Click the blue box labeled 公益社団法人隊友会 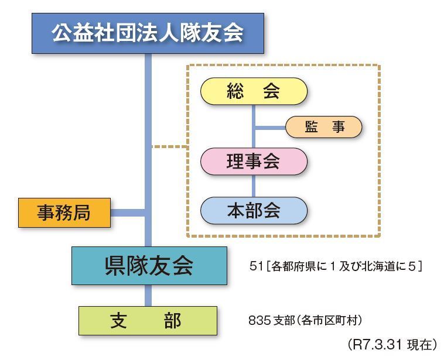(x=148, y=33)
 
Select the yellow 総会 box (x=254, y=91)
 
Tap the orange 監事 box (x=324, y=127)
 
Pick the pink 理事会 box (x=254, y=162)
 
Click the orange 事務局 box (x=64, y=212)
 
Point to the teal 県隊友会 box (x=149, y=266)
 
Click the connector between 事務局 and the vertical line (x=128, y=212)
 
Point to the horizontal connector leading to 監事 (x=270, y=127)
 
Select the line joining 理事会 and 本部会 (x=254, y=186)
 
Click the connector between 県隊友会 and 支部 (x=148, y=296)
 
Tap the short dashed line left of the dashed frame (x=169, y=146)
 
